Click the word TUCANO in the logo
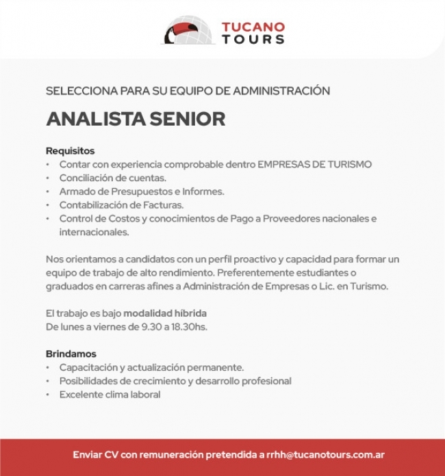pos(253,27)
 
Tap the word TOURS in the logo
pos(253,40)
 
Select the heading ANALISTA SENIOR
pos(136,119)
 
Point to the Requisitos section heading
pos(70,150)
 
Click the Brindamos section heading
pos(71,354)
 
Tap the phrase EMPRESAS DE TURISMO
pos(314,164)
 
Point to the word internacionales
pos(94,232)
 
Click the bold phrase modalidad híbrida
pos(165,313)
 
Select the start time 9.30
pos(151,327)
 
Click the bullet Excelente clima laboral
pos(110,395)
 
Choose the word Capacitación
pos(87,367)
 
